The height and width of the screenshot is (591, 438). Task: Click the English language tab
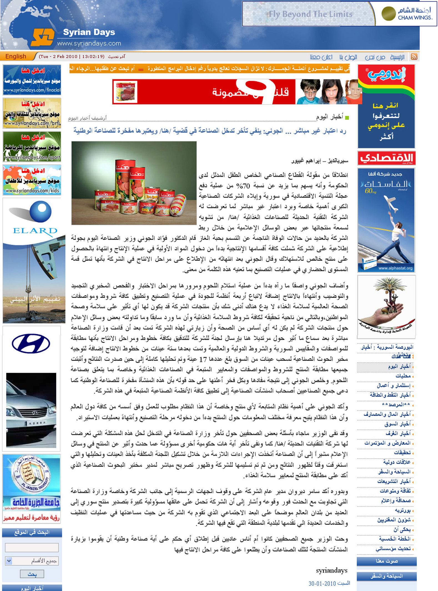coord(16,56)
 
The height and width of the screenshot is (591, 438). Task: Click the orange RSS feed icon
coord(414,57)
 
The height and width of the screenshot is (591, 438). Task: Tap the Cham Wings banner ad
coord(339,14)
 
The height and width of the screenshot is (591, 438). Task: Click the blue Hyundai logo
coord(31,344)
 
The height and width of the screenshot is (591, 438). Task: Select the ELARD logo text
coord(35,231)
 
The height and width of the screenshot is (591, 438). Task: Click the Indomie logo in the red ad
coord(386,75)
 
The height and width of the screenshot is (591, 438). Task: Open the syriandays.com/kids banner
coord(32,180)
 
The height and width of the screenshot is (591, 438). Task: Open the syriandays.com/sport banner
coord(32,146)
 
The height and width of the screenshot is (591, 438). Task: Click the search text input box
coord(32,548)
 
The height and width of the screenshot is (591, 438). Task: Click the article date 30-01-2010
coord(329,583)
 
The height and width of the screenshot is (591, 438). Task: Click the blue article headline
coord(210,131)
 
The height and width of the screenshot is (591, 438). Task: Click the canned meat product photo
coord(134,183)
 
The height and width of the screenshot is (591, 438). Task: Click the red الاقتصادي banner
coord(386,158)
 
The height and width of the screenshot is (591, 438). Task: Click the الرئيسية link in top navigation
coord(397,57)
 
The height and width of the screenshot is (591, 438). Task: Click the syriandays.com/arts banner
coord(32,113)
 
